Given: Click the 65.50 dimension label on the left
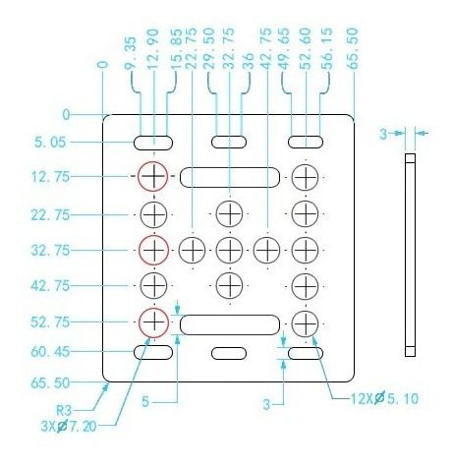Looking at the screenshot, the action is (50, 382).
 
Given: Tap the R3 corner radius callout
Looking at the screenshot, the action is (64, 410).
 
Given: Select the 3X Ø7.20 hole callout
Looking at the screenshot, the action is (69, 426).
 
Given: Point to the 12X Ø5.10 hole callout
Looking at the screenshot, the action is (384, 398).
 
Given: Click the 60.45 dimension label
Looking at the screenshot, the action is (50, 352).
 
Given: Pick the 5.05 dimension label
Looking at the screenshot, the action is (50, 143).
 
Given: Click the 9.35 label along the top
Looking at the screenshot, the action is (130, 53).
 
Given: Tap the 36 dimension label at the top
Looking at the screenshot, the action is (249, 61).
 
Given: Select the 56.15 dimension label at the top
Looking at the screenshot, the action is (326, 49).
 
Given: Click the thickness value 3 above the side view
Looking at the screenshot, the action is (383, 134).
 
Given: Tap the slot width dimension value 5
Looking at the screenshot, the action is (145, 401).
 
